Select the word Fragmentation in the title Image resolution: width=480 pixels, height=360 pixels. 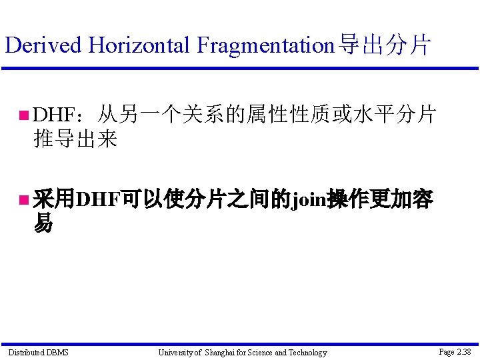(265, 45)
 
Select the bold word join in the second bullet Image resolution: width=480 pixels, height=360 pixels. (307, 199)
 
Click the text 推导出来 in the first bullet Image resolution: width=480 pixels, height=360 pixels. (75, 139)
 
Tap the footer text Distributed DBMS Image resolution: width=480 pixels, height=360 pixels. (38, 352)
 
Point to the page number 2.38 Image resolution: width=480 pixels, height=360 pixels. (464, 351)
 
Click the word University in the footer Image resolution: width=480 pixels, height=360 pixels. (175, 353)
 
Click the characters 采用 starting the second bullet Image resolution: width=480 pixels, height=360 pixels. (54, 199)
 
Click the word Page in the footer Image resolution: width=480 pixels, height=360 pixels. (447, 352)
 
